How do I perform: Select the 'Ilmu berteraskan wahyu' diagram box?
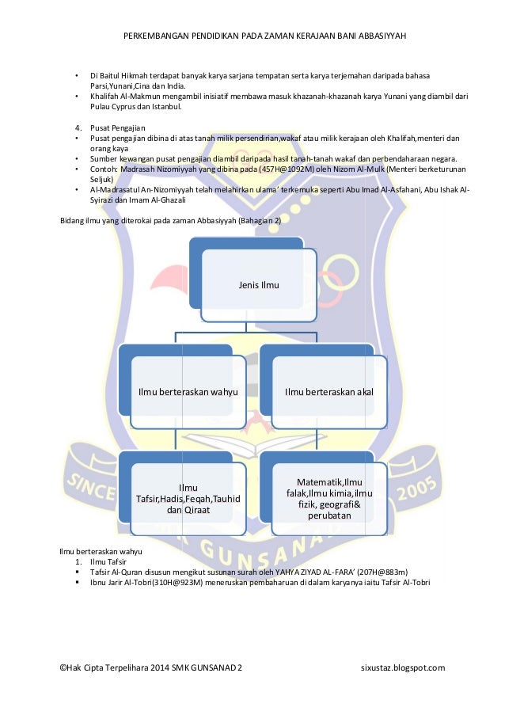[x=188, y=390]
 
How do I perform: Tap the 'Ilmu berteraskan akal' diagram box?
[x=328, y=390]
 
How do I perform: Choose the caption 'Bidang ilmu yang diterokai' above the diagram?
[x=111, y=220]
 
